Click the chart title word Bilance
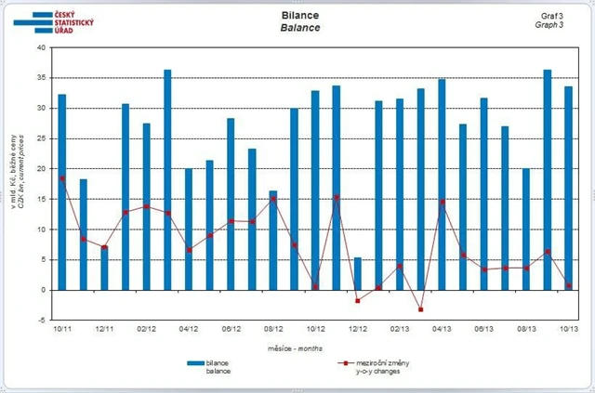[x=299, y=16]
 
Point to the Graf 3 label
[x=551, y=16]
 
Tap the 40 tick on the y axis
[x=40, y=47]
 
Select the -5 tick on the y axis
[x=40, y=321]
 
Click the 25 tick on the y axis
[x=40, y=138]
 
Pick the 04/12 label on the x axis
[x=190, y=329]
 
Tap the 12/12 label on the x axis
[x=358, y=329]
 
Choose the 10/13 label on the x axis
[x=568, y=329]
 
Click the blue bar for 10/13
[x=568, y=186]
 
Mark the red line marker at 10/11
[x=62, y=178]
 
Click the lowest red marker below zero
[x=420, y=309]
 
